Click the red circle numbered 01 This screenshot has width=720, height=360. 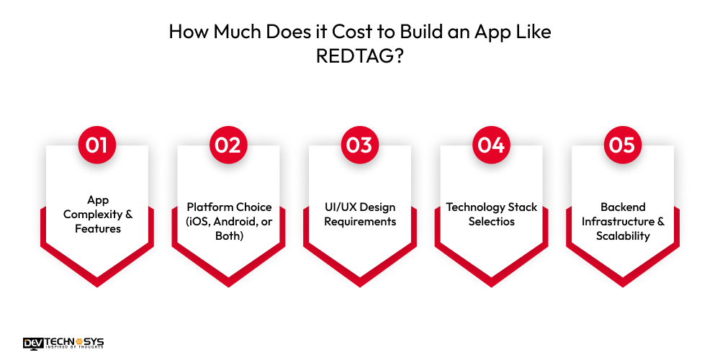coord(97,145)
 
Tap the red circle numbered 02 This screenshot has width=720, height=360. coord(229,145)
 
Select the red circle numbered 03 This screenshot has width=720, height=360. coord(360,145)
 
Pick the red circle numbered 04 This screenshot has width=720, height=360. coord(491,145)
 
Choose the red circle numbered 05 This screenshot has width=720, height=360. coord(623,145)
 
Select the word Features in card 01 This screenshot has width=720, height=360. coord(97,229)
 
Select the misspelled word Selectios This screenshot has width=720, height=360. coord(491,222)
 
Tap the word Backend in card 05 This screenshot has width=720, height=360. coord(623,207)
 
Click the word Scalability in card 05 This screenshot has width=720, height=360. coord(623,236)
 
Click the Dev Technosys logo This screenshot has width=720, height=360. coord(63,343)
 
